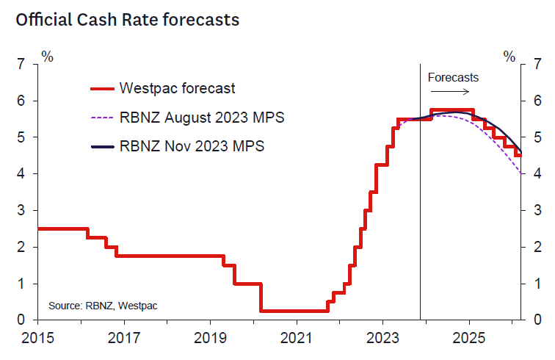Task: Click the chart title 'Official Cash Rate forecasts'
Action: (x=127, y=20)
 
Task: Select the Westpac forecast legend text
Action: (x=177, y=88)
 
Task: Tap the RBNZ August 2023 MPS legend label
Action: (x=201, y=117)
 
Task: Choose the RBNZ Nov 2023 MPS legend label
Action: (x=191, y=145)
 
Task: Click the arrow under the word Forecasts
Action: (x=449, y=91)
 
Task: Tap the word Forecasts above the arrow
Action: (x=453, y=77)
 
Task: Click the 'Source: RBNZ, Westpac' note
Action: (x=103, y=304)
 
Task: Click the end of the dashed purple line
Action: (x=520, y=173)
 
